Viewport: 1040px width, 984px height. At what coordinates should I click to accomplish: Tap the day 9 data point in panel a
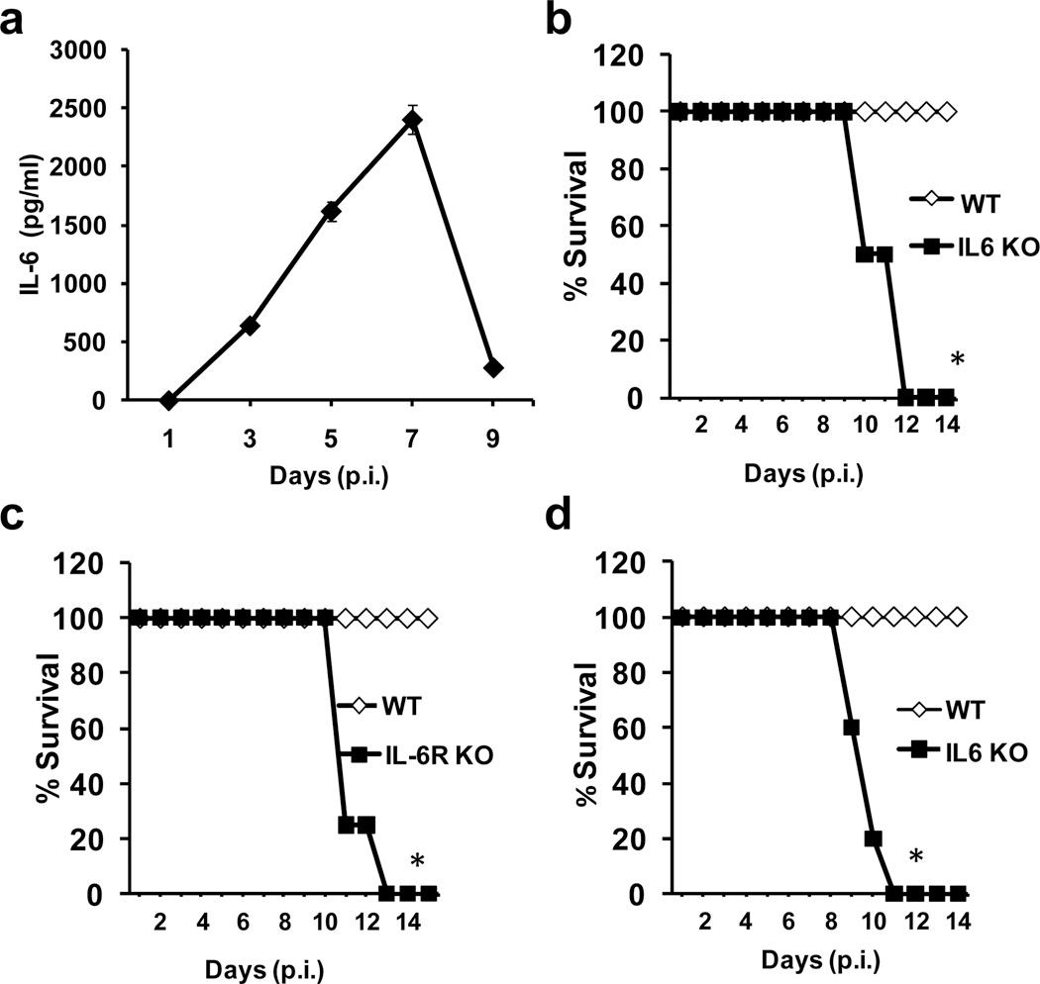493,367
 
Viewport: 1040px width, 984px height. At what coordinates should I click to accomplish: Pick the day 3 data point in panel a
250,326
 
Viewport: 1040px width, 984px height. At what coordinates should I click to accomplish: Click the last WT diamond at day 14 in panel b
947,111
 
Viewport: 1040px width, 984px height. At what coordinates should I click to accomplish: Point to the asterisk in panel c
418,862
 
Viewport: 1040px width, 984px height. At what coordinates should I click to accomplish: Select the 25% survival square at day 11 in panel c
346,825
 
